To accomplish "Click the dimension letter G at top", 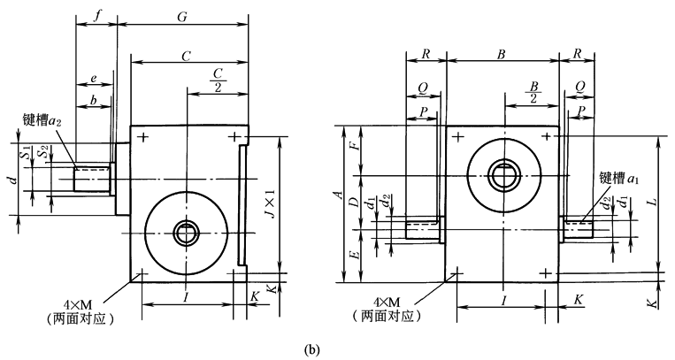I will click(182, 16).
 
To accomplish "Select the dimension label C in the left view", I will click(186, 56).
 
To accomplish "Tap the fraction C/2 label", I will click(217, 79).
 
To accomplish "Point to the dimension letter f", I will click(96, 16).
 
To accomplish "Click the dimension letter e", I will click(93, 79).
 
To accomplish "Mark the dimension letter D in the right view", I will click(354, 203).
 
